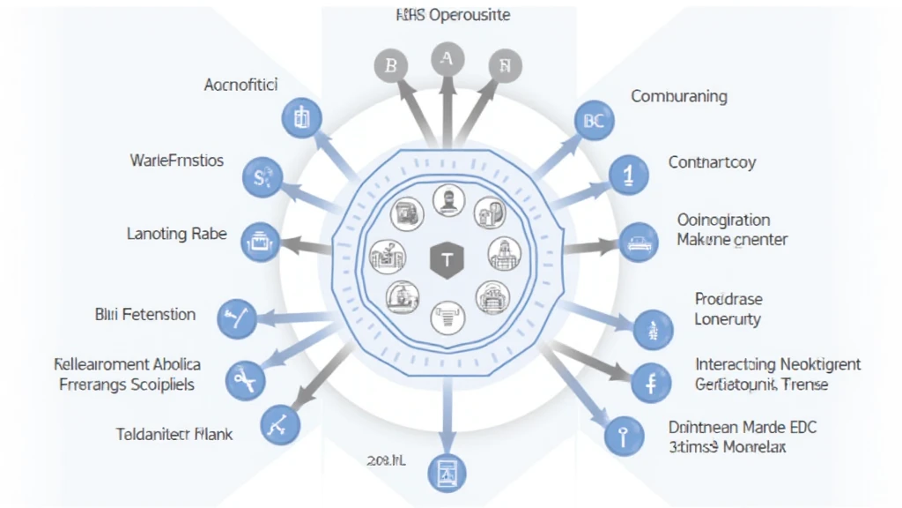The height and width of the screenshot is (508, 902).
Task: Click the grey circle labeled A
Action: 447,59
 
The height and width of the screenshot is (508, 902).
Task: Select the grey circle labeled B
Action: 390,65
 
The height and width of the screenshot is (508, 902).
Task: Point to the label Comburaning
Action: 679,96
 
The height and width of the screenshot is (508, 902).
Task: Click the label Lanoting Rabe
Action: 176,234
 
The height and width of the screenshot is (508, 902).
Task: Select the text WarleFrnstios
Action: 176,161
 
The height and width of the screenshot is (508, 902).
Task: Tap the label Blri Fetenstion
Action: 144,314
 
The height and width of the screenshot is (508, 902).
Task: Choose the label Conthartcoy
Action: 712,162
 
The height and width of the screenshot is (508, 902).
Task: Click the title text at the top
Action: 453,15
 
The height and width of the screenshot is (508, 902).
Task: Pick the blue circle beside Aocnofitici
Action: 301,117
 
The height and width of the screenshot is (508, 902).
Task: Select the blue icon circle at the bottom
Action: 445,472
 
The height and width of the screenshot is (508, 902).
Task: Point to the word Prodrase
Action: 728,299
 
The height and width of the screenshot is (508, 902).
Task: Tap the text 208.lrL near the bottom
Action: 385,460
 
